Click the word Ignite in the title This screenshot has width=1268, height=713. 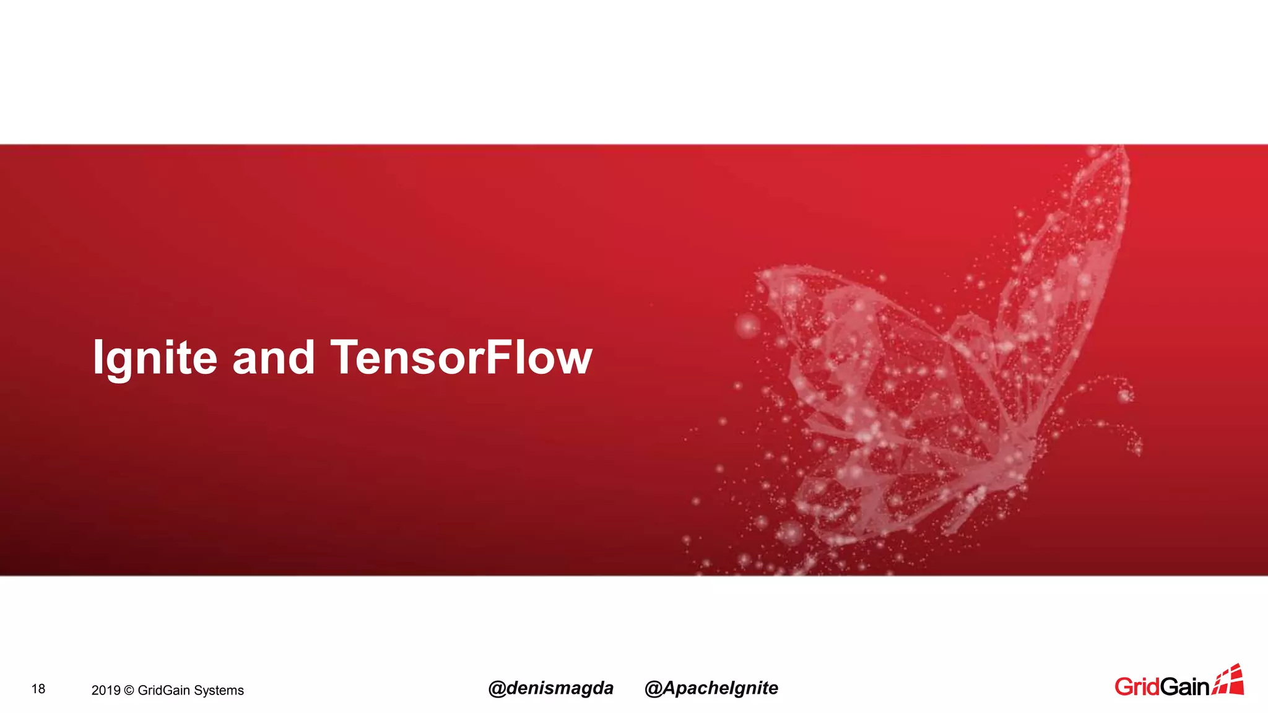point(155,358)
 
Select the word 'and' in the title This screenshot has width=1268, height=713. point(273,358)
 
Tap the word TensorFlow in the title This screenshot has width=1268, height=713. point(461,358)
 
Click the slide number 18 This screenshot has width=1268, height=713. point(38,689)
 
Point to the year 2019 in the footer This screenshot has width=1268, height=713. point(105,690)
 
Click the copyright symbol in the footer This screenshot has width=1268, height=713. point(129,690)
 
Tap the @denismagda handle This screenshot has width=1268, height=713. point(550,688)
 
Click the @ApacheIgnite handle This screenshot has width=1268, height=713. point(711,688)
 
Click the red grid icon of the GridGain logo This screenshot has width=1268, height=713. point(1228,680)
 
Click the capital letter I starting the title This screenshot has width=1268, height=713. point(98,357)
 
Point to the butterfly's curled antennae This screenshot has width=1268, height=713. point(1114,408)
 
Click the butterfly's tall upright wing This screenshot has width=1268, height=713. point(1077,248)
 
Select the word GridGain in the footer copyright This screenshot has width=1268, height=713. point(163,690)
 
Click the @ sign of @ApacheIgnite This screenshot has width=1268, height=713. point(654,689)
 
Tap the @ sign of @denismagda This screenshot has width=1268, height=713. point(497,689)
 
